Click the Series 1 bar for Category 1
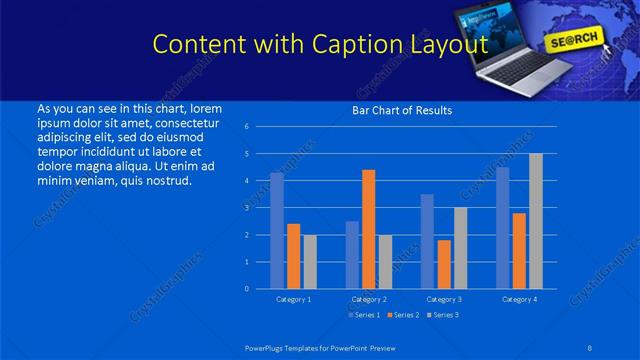coord(277,231)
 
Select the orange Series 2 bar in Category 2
coord(369,229)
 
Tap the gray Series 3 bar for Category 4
coord(536,221)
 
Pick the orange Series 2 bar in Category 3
coord(444,264)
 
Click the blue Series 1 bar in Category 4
coord(502,228)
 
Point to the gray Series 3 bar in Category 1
coord(310,262)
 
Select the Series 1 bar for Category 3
coord(427,241)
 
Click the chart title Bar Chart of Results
coord(402,110)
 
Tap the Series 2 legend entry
coord(402,315)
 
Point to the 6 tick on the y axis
coord(247,127)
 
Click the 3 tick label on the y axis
coord(247,208)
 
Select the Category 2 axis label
coord(368,299)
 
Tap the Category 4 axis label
coord(518,299)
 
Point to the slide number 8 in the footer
coord(587,347)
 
